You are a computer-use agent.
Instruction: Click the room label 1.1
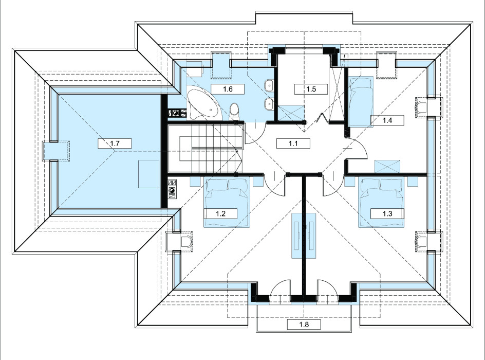click(293, 143)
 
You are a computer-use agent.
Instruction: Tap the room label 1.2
click(220, 213)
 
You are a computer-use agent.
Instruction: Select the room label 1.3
click(387, 213)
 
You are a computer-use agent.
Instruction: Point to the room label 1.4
click(387, 120)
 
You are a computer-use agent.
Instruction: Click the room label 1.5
click(311, 89)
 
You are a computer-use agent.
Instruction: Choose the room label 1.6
click(228, 89)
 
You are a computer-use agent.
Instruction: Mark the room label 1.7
click(115, 143)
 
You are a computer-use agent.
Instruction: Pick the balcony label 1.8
click(304, 325)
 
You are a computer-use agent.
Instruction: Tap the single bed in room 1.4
click(361, 101)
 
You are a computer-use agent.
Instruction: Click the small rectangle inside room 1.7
click(149, 174)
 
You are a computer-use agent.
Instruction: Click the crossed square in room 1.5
click(291, 113)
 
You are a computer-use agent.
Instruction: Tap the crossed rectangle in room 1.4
click(387, 167)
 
